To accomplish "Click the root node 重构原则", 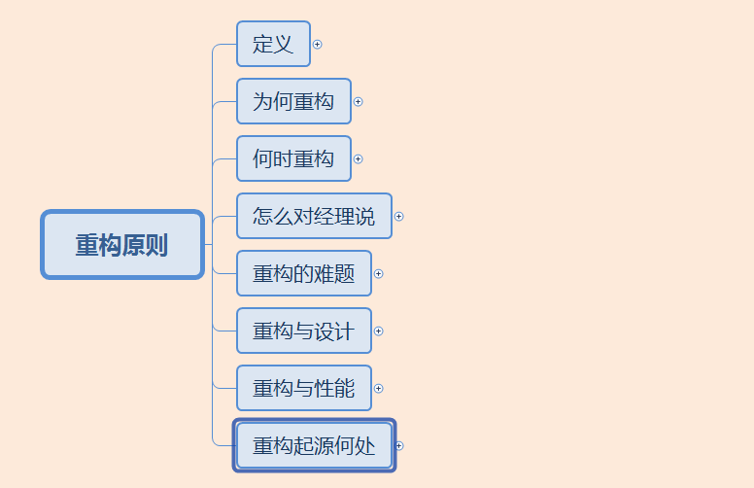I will (x=122, y=245).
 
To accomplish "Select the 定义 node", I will (x=273, y=45).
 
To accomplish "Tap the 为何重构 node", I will (x=293, y=102).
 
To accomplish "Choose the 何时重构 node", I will (x=293, y=159).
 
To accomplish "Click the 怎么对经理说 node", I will (x=314, y=216).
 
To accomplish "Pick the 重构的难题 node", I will (x=304, y=274).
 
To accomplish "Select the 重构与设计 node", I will (x=304, y=331).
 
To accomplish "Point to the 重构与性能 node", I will (x=304, y=389).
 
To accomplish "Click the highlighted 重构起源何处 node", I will (x=314, y=446).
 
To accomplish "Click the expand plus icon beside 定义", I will (x=318, y=45).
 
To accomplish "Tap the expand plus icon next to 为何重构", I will (x=359, y=102).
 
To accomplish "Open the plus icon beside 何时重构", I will (x=359, y=159).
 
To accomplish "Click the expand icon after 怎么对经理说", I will (x=399, y=217).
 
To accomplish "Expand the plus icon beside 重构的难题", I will (x=379, y=274).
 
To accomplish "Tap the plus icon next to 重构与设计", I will (x=379, y=331).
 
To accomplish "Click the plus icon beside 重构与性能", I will (x=379, y=389).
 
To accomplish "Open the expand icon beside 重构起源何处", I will (x=399, y=446).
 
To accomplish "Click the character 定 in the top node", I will (x=263, y=45).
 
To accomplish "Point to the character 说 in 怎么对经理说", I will (x=364, y=216).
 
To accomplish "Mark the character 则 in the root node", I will (x=157, y=245).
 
